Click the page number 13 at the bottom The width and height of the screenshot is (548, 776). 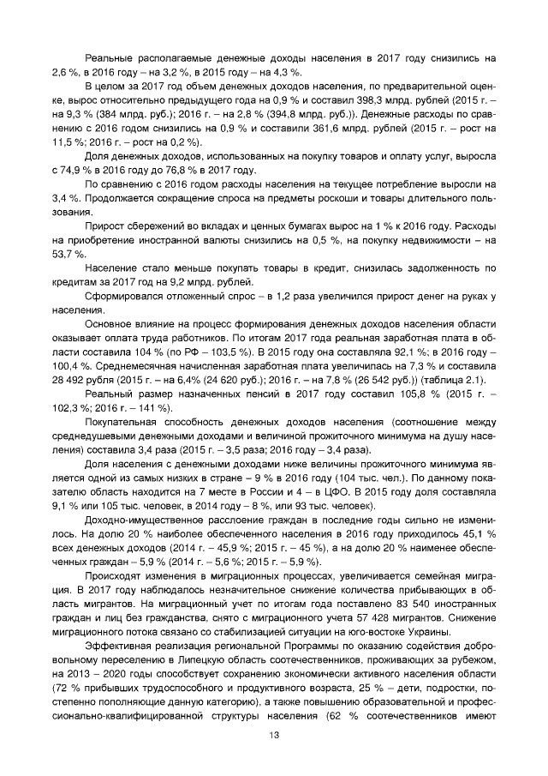(x=274, y=735)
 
